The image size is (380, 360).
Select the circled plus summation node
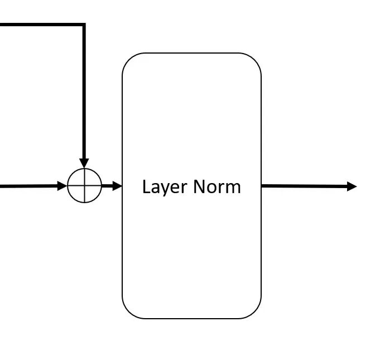[84, 186]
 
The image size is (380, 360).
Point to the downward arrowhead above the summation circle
[84, 162]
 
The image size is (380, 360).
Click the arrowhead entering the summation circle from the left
[62, 186]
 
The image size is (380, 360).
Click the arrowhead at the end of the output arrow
[352, 186]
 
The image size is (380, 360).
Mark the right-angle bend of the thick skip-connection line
[84, 25]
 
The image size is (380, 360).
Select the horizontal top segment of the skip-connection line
[39, 25]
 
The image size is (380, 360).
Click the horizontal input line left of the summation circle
[28, 186]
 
